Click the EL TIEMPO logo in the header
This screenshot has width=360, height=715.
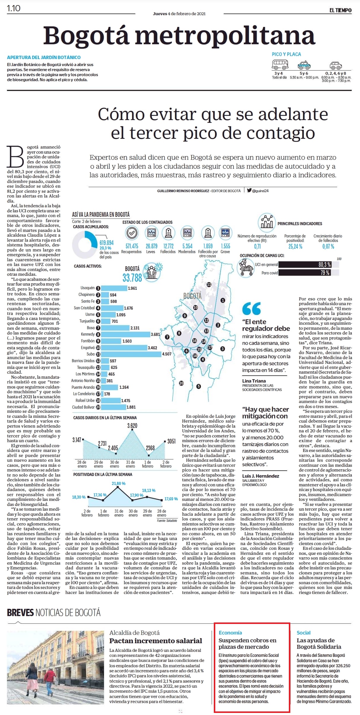tap(340, 10)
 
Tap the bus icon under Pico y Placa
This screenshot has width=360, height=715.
tap(280, 64)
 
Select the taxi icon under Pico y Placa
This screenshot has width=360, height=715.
tap(304, 65)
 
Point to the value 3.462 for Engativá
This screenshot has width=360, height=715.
tap(152, 348)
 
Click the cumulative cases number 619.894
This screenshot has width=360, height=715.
tap(106, 243)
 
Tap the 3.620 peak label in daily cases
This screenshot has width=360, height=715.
tap(132, 426)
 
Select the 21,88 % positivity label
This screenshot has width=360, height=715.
tap(119, 483)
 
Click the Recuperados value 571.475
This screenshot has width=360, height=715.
tap(132, 246)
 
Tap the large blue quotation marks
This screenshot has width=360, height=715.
tap(251, 308)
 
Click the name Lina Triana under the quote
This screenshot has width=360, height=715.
tap(254, 381)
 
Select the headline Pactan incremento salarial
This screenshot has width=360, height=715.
tap(156, 641)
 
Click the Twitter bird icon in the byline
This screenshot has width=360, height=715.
tap(249, 190)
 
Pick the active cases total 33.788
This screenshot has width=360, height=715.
tap(132, 278)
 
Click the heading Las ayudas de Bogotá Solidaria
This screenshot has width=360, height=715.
tap(319, 644)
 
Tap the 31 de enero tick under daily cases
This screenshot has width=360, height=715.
tap(130, 464)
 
